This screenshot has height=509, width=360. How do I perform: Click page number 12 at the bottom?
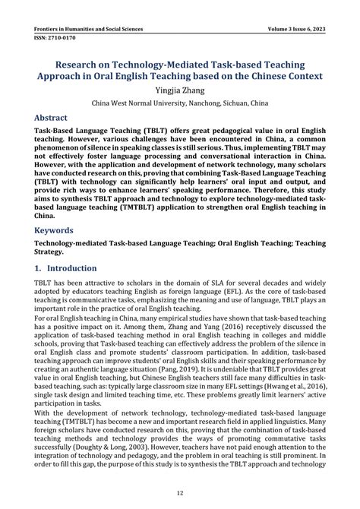(x=180, y=492)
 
